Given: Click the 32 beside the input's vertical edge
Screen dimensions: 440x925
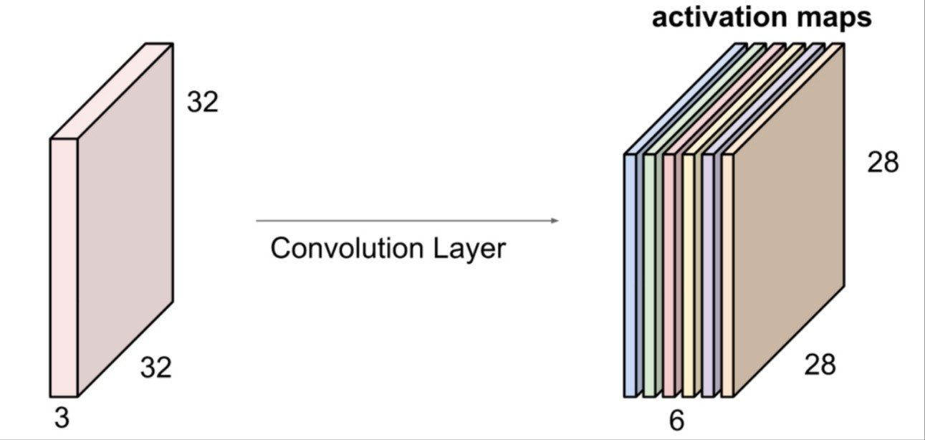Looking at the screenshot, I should (202, 102).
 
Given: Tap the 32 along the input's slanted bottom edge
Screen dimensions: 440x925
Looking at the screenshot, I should (155, 368).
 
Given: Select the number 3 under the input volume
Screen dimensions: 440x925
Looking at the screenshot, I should (62, 418).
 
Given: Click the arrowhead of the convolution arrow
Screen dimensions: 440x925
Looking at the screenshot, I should (555, 221).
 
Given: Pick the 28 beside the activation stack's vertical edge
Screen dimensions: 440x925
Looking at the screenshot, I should (883, 163).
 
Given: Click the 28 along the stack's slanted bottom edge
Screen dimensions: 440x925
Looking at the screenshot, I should (820, 365).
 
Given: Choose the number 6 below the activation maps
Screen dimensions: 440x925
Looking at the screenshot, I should (676, 421).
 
